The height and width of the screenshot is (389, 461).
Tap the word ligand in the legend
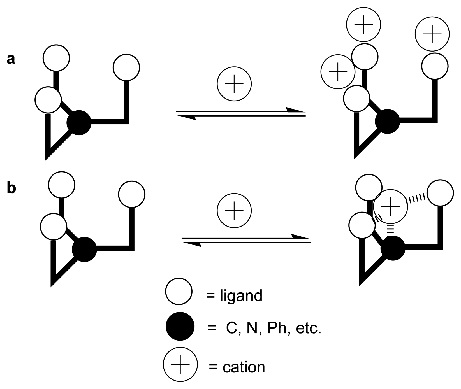pos(241,295)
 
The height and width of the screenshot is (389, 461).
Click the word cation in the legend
pos(244,367)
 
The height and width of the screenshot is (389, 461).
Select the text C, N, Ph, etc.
pos(273,328)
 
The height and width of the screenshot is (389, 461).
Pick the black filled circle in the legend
pos(180,326)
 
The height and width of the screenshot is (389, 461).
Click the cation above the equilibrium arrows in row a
pos(234,84)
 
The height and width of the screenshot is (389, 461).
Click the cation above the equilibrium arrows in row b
pos(234,210)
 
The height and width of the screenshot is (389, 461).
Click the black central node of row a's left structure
pos(79,123)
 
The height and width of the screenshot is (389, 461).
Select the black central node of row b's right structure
pos(393,248)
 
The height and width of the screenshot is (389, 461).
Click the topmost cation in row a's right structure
pos(363,24)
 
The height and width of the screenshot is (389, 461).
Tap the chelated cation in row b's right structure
pos(390,206)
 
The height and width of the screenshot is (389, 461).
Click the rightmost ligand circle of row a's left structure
pos(126,67)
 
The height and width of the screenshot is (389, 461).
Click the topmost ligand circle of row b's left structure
pos(62,185)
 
